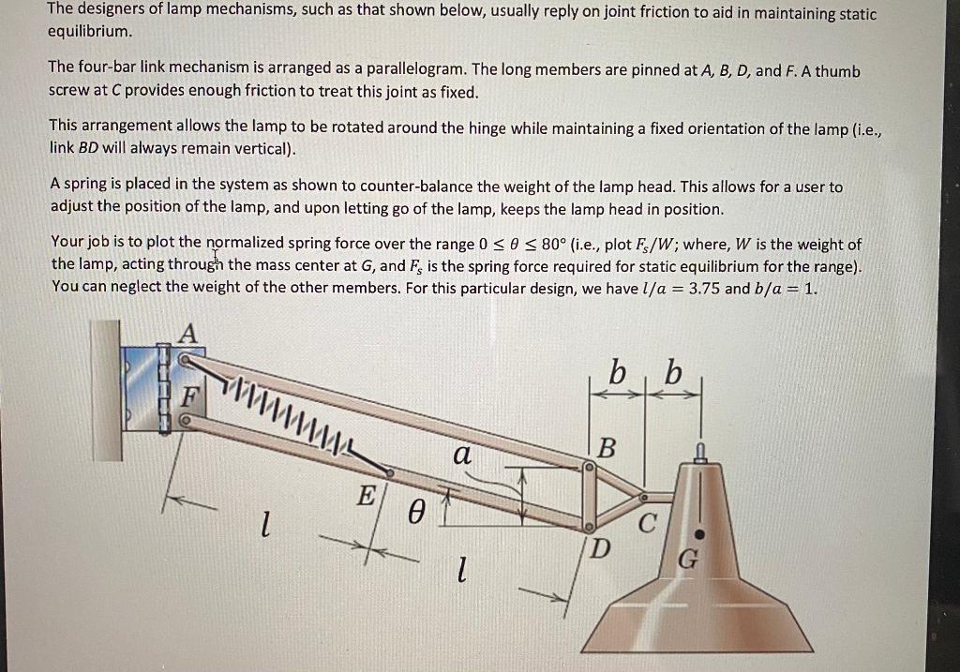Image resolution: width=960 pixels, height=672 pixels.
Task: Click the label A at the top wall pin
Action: click(x=189, y=333)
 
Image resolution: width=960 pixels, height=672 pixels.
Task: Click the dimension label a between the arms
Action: click(x=460, y=455)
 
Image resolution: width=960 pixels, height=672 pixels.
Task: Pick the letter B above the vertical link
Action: click(x=607, y=449)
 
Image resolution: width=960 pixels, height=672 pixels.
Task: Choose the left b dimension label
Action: click(x=618, y=372)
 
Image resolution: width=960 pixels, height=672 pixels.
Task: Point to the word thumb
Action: click(x=838, y=70)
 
